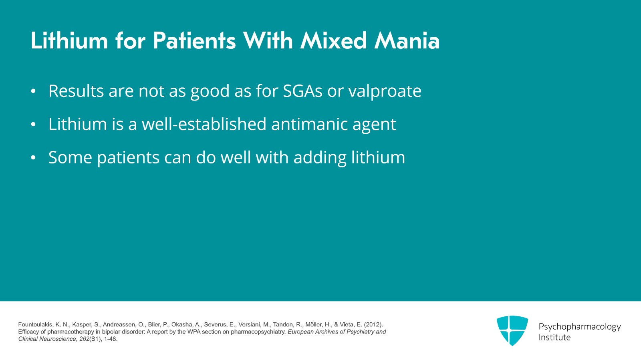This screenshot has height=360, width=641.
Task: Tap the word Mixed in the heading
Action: [333, 41]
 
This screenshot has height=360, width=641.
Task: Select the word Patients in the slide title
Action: [194, 41]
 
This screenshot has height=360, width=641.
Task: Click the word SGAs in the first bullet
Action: [302, 91]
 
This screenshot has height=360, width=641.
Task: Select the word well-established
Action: [204, 124]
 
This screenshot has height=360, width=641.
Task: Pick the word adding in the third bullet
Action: [320, 158]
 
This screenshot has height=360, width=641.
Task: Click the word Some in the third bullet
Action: [70, 157]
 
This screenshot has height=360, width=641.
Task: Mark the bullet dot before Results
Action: [34, 92]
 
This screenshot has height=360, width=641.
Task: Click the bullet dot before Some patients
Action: [34, 158]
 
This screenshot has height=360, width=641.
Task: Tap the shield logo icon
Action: [512, 330]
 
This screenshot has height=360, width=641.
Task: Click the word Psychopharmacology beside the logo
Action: [579, 327]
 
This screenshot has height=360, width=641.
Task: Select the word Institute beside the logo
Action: [554, 337]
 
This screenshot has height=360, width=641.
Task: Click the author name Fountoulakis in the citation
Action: [35, 324]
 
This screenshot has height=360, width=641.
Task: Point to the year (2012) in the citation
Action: [373, 324]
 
